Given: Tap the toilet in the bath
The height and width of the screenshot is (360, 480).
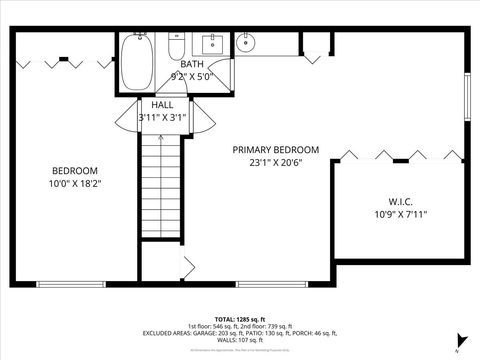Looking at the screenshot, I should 176,47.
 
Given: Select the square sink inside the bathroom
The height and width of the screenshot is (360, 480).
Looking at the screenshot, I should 212,44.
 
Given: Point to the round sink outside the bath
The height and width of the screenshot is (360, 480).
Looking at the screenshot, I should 246,43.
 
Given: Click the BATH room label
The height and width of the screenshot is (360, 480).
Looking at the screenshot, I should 192,64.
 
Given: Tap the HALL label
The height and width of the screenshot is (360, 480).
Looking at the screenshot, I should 162,104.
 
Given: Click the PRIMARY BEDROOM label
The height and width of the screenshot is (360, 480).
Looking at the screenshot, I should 276,149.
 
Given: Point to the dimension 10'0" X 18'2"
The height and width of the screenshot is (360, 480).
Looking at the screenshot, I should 75,183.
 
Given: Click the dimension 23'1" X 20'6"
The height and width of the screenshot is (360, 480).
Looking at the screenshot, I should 276,162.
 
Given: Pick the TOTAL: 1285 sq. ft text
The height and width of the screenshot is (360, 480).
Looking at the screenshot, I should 240,318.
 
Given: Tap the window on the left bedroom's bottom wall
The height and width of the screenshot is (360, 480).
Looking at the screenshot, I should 70,284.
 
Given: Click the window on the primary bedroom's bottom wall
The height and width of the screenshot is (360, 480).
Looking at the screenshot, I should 270,284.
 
